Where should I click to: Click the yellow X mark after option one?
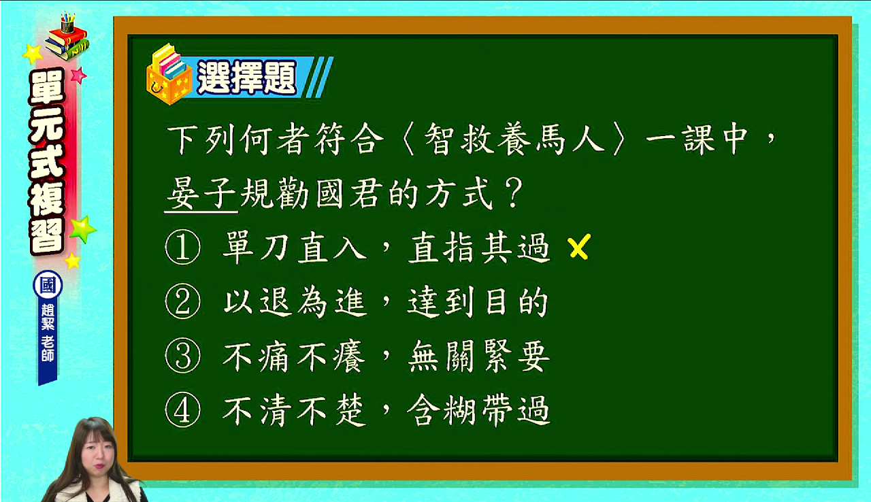click(x=579, y=246)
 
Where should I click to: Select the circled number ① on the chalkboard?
click(x=183, y=247)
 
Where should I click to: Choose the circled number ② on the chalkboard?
click(x=183, y=301)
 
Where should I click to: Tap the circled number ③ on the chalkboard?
click(x=183, y=356)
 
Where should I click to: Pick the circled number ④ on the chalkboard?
click(x=183, y=410)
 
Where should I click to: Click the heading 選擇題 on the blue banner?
click(x=247, y=78)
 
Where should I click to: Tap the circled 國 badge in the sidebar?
click(x=48, y=285)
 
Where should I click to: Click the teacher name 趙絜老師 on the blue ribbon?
click(x=48, y=332)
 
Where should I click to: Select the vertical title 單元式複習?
click(x=47, y=162)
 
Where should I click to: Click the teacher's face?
click(x=95, y=453)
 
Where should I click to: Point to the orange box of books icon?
click(x=169, y=75)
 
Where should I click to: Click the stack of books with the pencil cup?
click(x=67, y=36)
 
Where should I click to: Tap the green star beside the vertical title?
click(x=83, y=229)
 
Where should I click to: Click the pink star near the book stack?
click(x=79, y=75)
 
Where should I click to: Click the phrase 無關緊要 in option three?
click(x=479, y=356)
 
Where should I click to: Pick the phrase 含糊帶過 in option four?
click(x=479, y=410)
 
